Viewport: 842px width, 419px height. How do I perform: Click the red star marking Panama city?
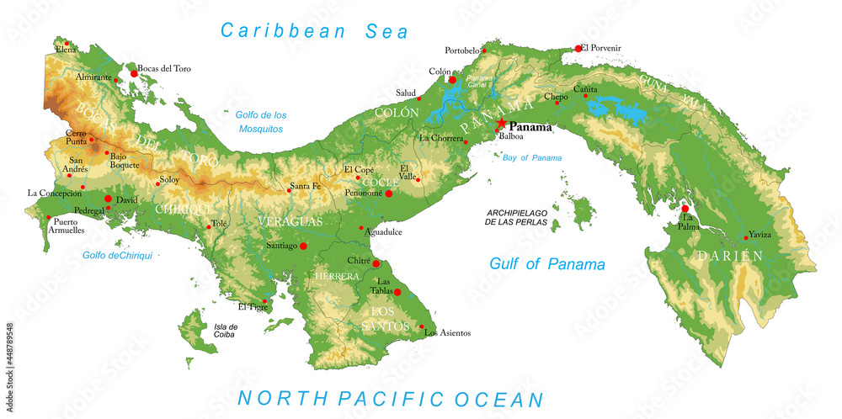click(502, 124)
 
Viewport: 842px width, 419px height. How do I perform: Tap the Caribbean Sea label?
click(314, 31)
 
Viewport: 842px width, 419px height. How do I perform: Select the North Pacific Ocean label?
click(390, 399)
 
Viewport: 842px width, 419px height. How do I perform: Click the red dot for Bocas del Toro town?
click(133, 74)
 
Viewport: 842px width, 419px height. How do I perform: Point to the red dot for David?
click(108, 199)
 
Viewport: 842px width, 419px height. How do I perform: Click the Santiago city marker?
click(303, 246)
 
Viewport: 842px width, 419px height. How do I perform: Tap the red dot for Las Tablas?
click(397, 292)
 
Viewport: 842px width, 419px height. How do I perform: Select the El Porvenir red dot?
click(578, 49)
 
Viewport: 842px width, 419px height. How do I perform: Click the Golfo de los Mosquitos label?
click(260, 122)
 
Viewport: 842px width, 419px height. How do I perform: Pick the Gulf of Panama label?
click(547, 264)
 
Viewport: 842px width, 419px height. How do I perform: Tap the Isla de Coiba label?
click(226, 331)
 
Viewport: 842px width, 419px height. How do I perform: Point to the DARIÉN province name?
click(728, 255)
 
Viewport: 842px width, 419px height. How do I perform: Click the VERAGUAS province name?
click(290, 221)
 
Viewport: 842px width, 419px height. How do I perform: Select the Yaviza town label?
click(760, 235)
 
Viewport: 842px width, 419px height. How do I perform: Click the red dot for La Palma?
click(685, 209)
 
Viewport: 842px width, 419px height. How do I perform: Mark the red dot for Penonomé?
click(389, 194)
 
